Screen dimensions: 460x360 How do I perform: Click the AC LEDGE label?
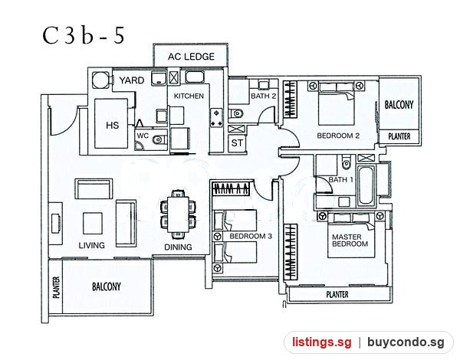click(191, 56)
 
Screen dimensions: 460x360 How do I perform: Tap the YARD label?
click(132, 80)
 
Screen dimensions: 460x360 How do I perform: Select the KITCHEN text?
click(189, 96)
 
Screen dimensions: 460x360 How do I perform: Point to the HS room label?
click(113, 125)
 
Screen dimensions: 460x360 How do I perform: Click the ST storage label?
click(237, 143)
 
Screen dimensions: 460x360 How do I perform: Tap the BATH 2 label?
click(264, 96)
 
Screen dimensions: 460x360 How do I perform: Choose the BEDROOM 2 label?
click(338, 136)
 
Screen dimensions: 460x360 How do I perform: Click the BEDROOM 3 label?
click(251, 236)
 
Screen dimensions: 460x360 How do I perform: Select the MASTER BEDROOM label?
click(350, 241)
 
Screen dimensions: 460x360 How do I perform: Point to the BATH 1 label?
click(340, 179)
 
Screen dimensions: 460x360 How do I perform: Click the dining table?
click(178, 214)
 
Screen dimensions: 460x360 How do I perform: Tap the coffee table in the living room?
click(93, 224)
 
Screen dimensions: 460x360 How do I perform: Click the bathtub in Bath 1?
click(366, 185)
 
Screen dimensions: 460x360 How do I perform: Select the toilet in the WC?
click(159, 139)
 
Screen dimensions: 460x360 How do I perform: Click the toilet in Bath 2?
click(236, 113)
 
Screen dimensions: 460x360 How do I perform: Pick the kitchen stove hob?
click(216, 118)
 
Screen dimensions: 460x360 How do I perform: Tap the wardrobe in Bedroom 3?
click(232, 189)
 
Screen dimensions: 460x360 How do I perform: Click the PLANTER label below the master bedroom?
click(337, 294)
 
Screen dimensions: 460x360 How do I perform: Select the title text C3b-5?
click(84, 35)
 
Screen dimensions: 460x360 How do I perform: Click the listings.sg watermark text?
click(322, 342)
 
